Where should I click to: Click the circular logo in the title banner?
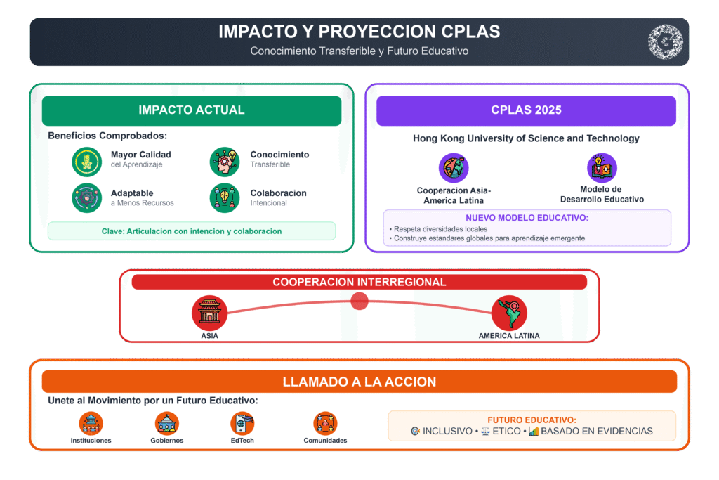pyautogui.click(x=666, y=41)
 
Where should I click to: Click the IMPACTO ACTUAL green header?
pyautogui.click(x=192, y=110)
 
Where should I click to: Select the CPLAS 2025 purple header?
pyautogui.click(x=526, y=110)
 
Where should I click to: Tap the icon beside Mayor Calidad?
pyautogui.click(x=86, y=162)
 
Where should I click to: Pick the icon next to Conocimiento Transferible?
pyautogui.click(x=225, y=162)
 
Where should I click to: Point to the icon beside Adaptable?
pyautogui.click(x=86, y=197)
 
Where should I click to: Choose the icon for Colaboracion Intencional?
pyautogui.click(x=225, y=197)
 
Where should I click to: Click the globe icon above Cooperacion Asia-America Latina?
pyautogui.click(x=454, y=168)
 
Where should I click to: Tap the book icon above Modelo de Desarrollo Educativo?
pyautogui.click(x=602, y=168)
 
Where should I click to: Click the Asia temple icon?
pyautogui.click(x=209, y=313)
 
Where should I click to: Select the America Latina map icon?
pyautogui.click(x=509, y=313)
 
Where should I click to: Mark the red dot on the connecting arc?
pyautogui.click(x=359, y=301)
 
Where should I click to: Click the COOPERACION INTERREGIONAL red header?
pyautogui.click(x=359, y=282)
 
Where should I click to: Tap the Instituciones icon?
pyautogui.click(x=91, y=423)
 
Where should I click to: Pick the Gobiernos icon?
pyautogui.click(x=167, y=423)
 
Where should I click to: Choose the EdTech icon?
pyautogui.click(x=242, y=423)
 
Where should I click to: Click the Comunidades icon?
pyautogui.click(x=325, y=423)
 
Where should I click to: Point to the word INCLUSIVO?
pyautogui.click(x=447, y=432)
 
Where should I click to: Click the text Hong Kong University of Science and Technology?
pyautogui.click(x=526, y=138)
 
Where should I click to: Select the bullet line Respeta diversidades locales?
pyautogui.click(x=438, y=229)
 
